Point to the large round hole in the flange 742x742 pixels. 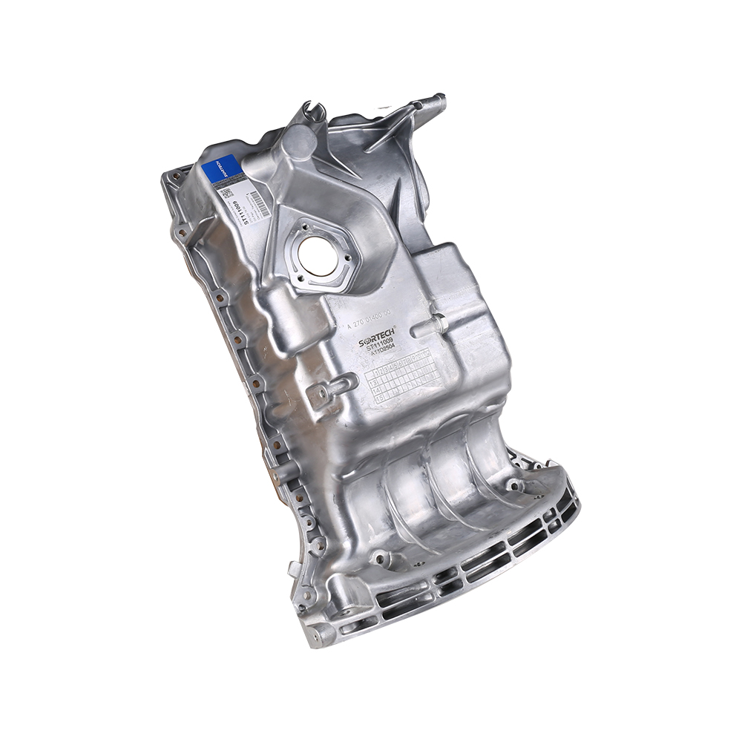coord(318,257)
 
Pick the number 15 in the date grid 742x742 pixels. coord(380,398)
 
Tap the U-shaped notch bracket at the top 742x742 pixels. coord(312,114)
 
